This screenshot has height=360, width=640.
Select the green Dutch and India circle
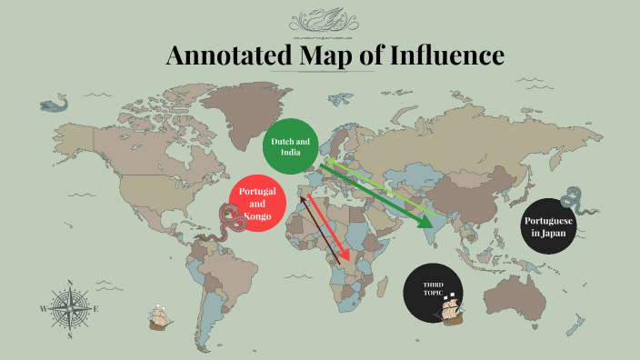[x=290, y=145]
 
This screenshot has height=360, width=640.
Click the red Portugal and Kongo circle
[x=257, y=205]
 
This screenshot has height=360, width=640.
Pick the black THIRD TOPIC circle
[x=433, y=291]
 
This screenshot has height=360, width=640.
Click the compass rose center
[x=70, y=307]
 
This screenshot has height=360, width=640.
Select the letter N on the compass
[x=70, y=282]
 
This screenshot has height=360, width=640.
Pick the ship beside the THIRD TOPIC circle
[x=450, y=311]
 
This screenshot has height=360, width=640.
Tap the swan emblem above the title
[x=320, y=21]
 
